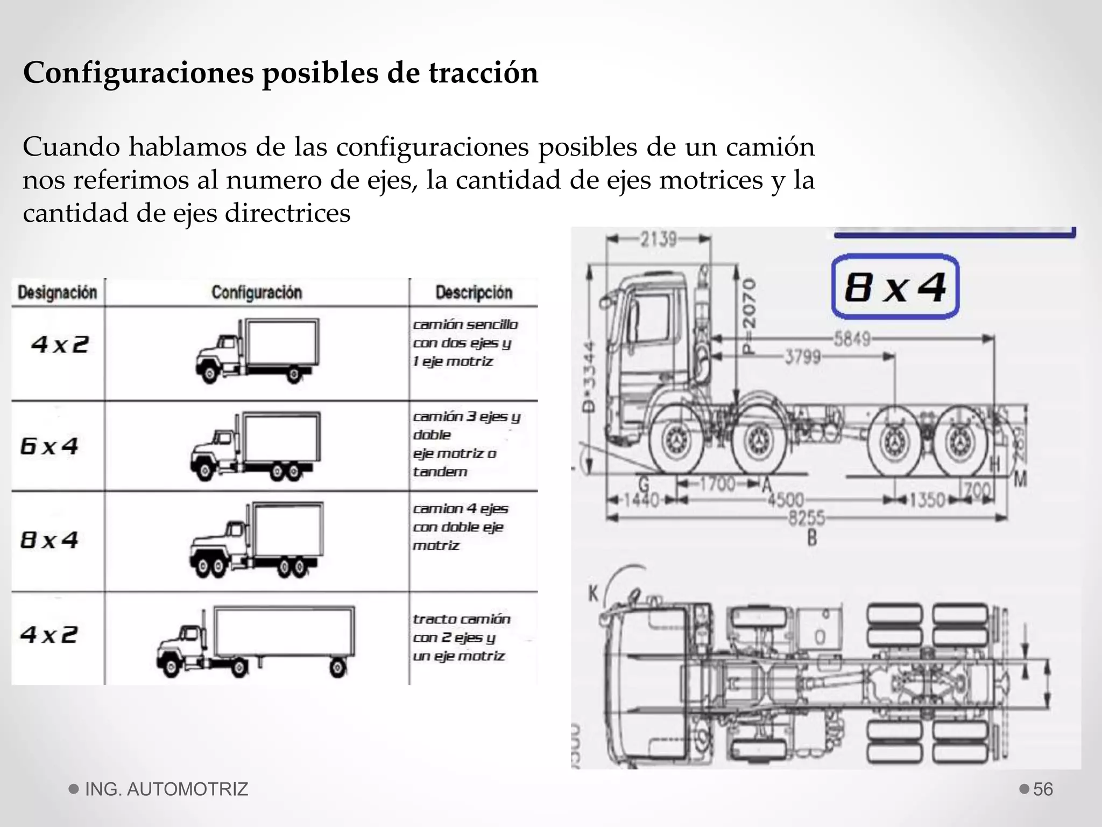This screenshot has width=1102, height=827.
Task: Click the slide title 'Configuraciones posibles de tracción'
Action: tap(280, 73)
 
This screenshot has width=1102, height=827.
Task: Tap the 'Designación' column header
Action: tap(57, 292)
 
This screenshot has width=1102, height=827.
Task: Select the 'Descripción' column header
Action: tap(474, 292)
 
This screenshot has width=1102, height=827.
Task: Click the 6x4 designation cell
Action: tap(49, 446)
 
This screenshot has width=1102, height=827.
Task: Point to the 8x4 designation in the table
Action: tap(49, 540)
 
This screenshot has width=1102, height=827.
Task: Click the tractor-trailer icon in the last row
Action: tap(256, 641)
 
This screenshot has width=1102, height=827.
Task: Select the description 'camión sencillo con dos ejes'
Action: tap(465, 342)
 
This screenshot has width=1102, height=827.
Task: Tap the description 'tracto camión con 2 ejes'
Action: tap(461, 637)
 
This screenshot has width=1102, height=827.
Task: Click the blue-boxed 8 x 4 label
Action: tap(895, 287)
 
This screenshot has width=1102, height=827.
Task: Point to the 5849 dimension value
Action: tap(852, 339)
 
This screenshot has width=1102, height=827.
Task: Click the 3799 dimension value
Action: tap(802, 357)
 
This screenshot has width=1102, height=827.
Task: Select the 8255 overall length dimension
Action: tap(806, 518)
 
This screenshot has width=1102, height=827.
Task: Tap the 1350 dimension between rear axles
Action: tap(927, 500)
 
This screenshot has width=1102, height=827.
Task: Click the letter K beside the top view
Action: tap(593, 594)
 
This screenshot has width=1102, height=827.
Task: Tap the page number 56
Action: tap(1043, 789)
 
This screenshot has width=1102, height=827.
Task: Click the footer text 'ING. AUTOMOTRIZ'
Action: tap(166, 789)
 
